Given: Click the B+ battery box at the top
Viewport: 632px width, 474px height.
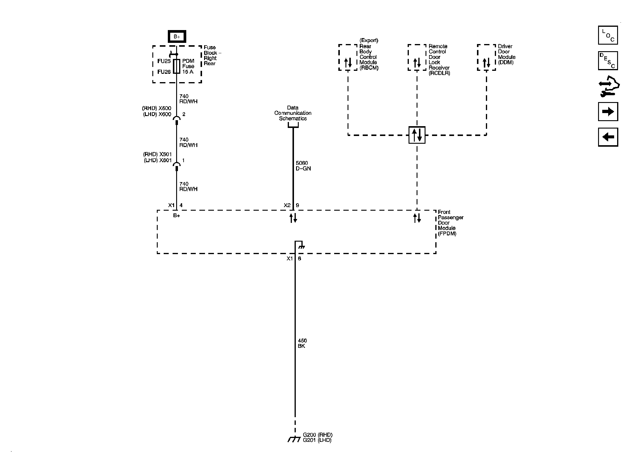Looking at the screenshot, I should pyautogui.click(x=177, y=37).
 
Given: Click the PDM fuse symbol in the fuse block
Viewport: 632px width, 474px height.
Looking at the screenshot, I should pyautogui.click(x=177, y=66).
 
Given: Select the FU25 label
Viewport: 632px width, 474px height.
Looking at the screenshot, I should pyautogui.click(x=164, y=61).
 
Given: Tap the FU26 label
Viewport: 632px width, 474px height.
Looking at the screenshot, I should pyautogui.click(x=164, y=72).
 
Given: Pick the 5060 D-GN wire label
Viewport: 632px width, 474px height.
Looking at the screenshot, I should pyautogui.click(x=303, y=166).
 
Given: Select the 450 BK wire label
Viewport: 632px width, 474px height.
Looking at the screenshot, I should pyautogui.click(x=302, y=343).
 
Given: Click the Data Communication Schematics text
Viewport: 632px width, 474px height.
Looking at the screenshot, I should pyautogui.click(x=293, y=113).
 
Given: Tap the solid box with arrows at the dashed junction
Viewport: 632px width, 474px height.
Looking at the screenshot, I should pyautogui.click(x=417, y=135).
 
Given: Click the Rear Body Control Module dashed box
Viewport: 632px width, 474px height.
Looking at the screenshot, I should pyautogui.click(x=348, y=57).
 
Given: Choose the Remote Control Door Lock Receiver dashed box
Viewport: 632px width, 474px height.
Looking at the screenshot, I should pyautogui.click(x=417, y=57).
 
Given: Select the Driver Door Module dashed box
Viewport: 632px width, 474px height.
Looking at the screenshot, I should pyautogui.click(x=486, y=57).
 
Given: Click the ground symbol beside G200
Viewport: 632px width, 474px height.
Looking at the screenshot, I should pyautogui.click(x=294, y=439).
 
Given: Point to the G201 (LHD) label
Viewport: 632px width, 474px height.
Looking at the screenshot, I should pyautogui.click(x=317, y=440).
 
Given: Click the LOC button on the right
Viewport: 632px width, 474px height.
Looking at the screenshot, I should pyautogui.click(x=608, y=35).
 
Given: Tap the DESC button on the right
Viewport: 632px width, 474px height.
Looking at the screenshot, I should pyautogui.click(x=608, y=61).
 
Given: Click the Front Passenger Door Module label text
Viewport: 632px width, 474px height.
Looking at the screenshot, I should pyautogui.click(x=450, y=223).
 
